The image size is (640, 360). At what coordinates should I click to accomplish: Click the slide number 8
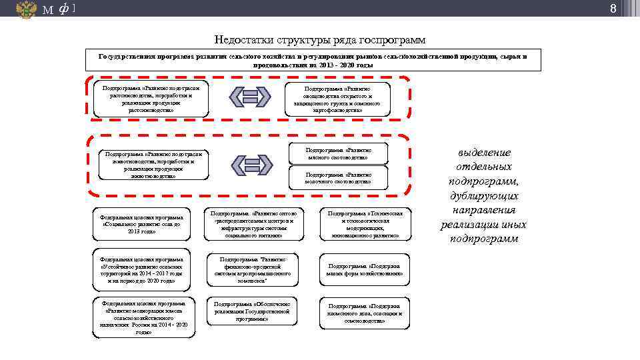point(631,9)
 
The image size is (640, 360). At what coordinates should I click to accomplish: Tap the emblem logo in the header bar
point(26,9)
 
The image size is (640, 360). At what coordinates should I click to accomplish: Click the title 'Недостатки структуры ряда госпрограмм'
point(319,40)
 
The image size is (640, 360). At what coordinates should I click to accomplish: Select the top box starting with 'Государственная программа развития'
point(313,61)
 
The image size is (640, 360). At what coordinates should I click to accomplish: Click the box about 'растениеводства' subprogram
point(151,97)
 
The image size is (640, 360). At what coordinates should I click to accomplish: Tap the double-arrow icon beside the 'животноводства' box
point(250,165)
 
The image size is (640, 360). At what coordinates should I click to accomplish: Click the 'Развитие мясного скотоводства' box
point(338,154)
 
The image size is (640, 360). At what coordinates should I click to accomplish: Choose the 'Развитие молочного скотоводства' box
point(338,177)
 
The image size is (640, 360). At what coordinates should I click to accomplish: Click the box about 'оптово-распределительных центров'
point(253,224)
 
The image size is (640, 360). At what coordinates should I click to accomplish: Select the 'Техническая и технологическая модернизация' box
point(365,224)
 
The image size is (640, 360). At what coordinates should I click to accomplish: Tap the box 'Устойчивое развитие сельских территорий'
point(143,269)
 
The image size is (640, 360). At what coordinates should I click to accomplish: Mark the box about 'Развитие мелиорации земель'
point(143,317)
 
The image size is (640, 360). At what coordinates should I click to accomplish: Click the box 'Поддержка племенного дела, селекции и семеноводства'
point(365,313)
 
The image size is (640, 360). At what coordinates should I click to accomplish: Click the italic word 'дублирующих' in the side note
point(483,196)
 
